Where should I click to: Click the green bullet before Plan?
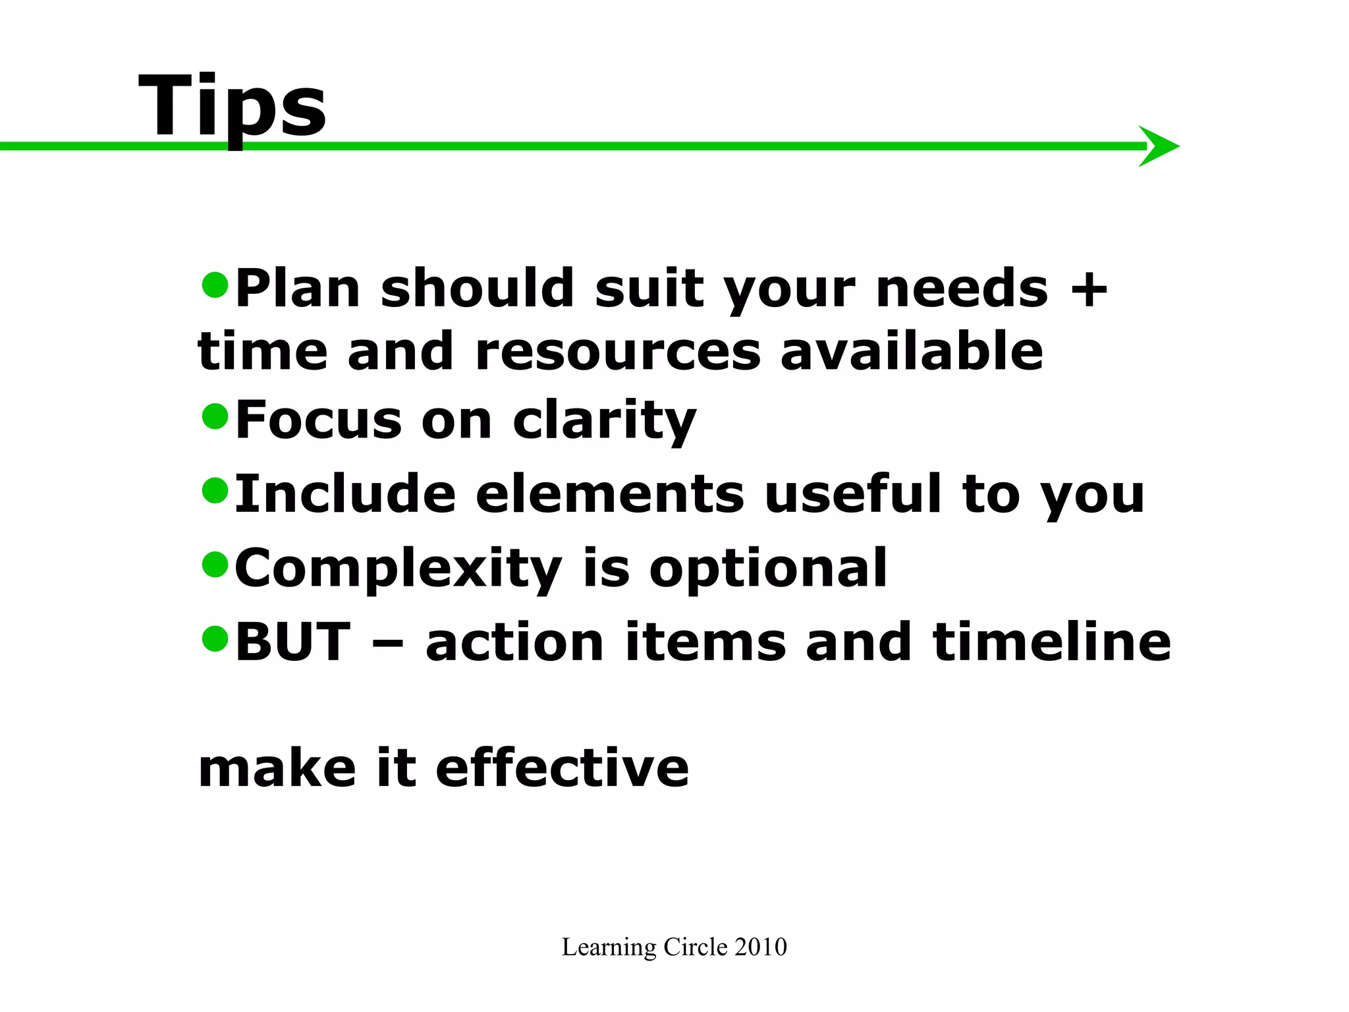[215, 285]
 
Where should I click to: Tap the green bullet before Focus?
[215, 416]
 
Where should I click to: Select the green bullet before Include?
[215, 490]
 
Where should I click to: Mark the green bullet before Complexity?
[215, 564]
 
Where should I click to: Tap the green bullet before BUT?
[215, 638]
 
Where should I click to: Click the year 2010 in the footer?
[761, 947]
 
